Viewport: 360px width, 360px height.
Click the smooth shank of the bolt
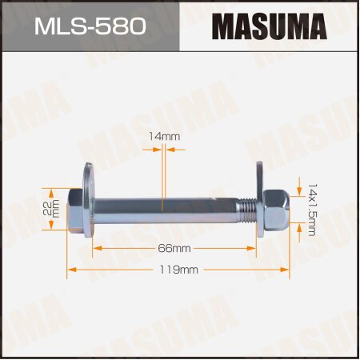coord(168,210)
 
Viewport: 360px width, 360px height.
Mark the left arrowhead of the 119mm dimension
coord(70,270)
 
